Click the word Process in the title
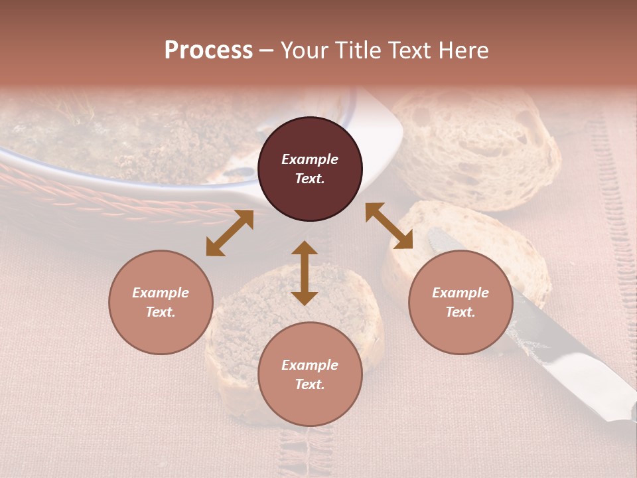click(x=208, y=50)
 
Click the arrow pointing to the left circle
click(x=230, y=233)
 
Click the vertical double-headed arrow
click(x=305, y=273)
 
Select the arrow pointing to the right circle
click(x=389, y=226)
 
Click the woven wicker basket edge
click(x=100, y=199)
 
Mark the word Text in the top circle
click(x=310, y=179)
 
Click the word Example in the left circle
click(x=161, y=293)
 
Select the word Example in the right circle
click(x=460, y=293)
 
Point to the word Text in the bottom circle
click(x=310, y=384)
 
